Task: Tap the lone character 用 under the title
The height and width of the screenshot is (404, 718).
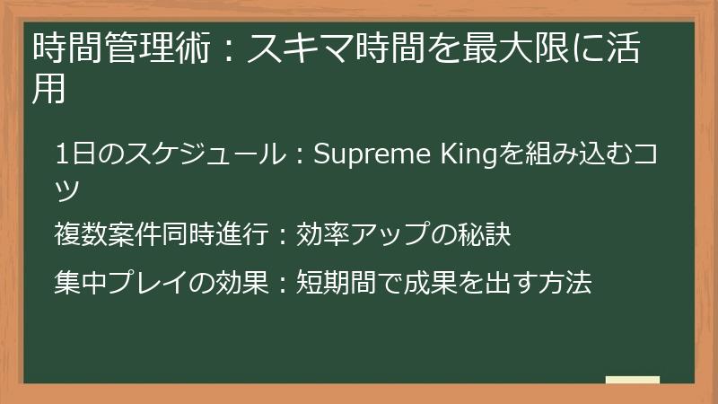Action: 48,90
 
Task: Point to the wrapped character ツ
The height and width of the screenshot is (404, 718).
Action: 68,189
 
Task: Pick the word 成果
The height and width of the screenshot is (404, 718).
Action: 433,283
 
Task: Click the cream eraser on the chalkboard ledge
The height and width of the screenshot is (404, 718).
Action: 632,380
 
